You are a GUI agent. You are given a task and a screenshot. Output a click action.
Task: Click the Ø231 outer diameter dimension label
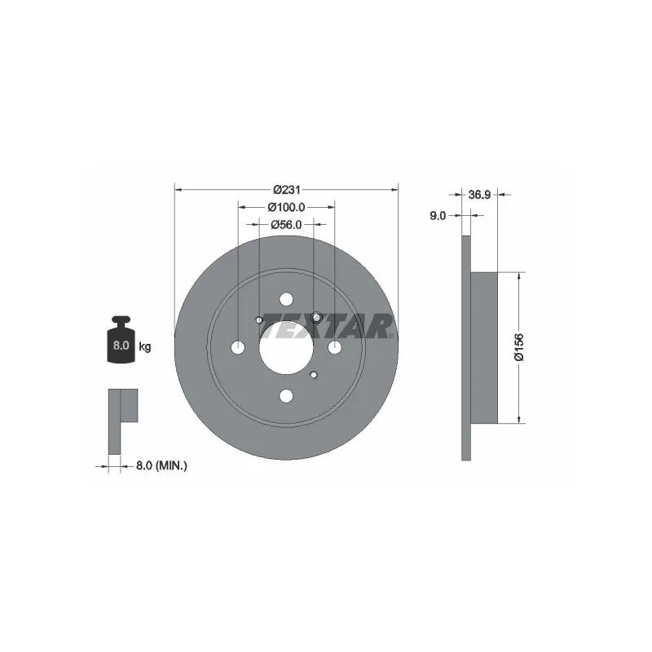tap(287, 190)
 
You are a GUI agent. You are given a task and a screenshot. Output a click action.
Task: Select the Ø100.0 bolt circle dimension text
tap(287, 207)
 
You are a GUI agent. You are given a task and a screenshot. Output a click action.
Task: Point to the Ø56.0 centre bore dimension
tap(286, 225)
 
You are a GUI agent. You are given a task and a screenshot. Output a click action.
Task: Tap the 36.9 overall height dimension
tap(479, 195)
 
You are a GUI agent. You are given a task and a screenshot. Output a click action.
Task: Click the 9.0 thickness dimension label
tap(438, 216)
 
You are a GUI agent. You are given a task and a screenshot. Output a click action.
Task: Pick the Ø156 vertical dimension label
tap(519, 347)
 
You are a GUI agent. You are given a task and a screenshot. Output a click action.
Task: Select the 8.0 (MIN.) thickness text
tap(161, 465)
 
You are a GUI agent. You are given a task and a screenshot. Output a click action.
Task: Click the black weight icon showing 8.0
tap(121, 340)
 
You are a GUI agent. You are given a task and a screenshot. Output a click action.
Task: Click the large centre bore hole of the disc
tap(286, 348)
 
